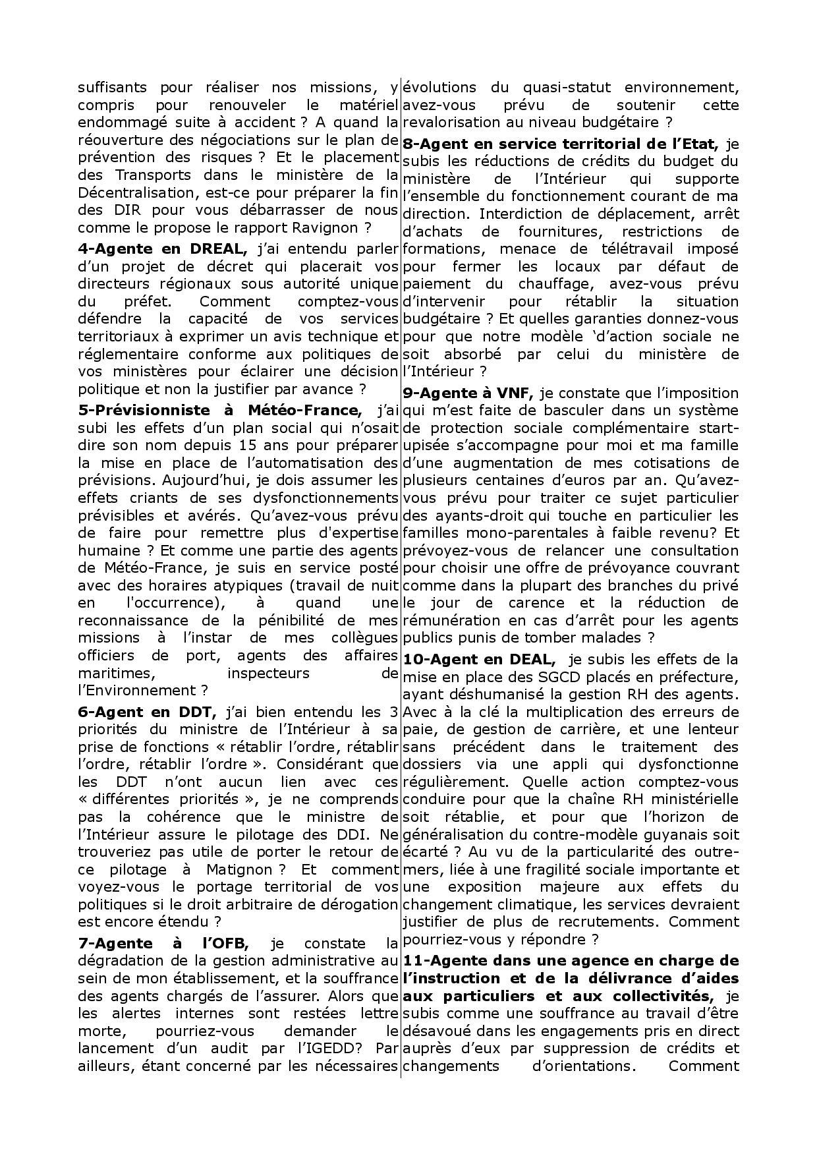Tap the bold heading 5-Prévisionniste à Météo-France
(219, 410)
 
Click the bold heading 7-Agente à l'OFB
(163, 943)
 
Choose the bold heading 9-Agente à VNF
(468, 393)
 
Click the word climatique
(528, 904)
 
